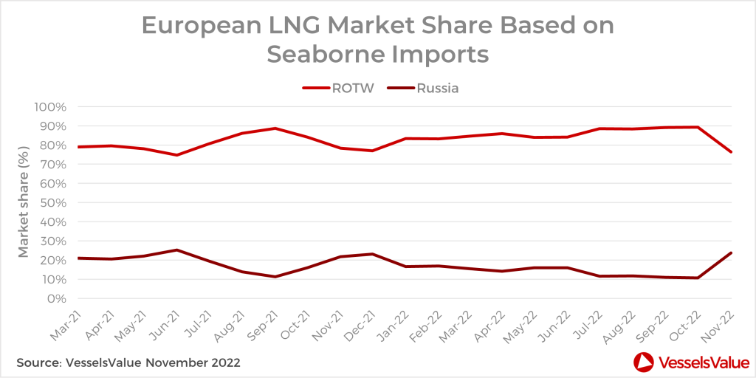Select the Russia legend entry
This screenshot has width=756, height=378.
coord(438,89)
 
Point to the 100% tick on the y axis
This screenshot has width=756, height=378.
coord(50,106)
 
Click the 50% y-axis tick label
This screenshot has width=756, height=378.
coord(54,202)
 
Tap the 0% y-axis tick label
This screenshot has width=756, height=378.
coord(58,298)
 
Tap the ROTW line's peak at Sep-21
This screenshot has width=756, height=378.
coord(275,128)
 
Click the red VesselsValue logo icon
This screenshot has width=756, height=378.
coord(643,362)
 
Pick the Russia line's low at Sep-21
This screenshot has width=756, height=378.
coord(275,277)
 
